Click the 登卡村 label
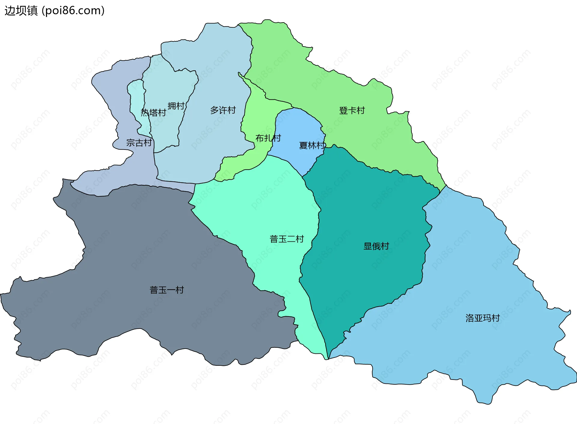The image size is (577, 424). point(352,111)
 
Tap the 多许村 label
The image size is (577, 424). point(223,110)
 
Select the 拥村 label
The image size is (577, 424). point(176,106)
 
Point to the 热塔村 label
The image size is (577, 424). point(153,113)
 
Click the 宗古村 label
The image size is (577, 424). point(139,143)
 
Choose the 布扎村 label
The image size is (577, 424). point(268,138)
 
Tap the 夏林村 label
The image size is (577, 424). point(312,146)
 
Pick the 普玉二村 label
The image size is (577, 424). point(287,239)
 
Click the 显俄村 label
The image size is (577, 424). point(376,246)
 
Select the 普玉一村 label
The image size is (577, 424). point(166,290)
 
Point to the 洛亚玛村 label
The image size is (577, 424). point(482,318)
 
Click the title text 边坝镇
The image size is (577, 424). point(21,11)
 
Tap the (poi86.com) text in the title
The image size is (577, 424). point(73,11)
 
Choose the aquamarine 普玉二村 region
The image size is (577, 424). point(270,204)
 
